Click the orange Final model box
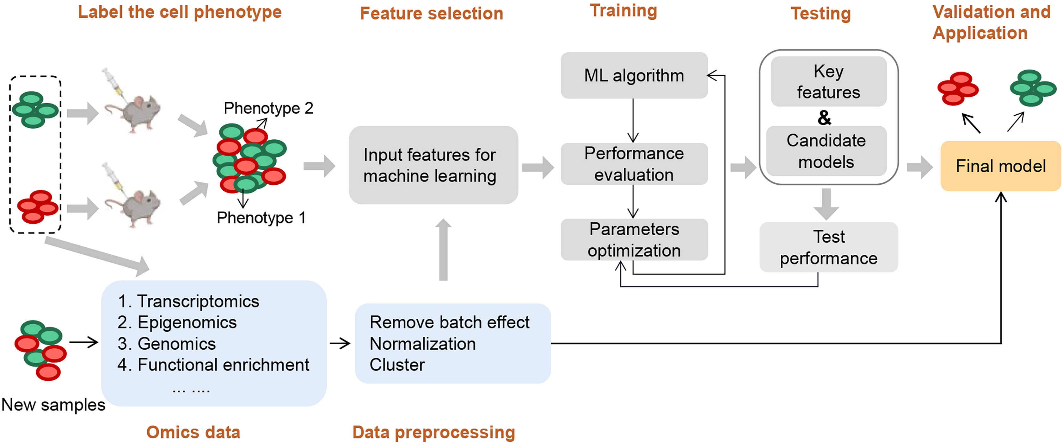[1000, 166]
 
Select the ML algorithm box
[634, 76]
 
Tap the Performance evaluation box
[634, 164]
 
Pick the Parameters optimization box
[634, 240]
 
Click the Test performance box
[829, 247]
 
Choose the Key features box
[829, 82]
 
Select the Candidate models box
[826, 151]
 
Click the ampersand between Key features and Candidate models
[825, 118]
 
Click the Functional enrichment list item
[223, 365]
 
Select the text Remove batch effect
[449, 322]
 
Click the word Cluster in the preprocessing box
[397, 365]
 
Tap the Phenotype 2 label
[268, 108]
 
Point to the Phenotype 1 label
[261, 218]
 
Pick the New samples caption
[53, 404]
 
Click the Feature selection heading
[431, 14]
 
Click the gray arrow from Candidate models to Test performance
[826, 204]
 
